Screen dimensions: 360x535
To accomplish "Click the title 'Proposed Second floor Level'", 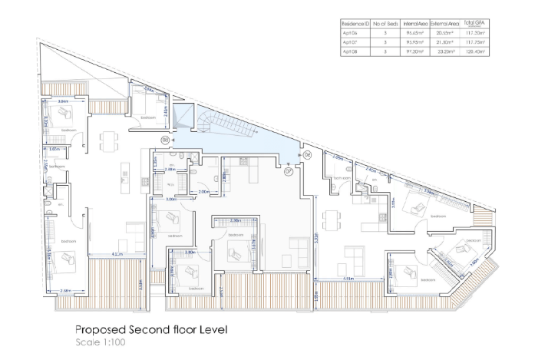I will click(151, 329).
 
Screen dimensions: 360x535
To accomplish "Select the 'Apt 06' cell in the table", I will click(350, 34).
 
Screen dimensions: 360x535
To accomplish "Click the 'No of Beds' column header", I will click(384, 25).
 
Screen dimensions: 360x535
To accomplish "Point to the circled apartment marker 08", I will click(165, 139).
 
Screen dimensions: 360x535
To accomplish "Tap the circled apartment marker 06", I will click(307, 154).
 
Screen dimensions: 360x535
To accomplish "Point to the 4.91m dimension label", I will click(347, 279).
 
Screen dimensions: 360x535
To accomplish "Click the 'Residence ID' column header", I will click(351, 25).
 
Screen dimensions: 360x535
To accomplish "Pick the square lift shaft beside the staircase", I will click(184, 118).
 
